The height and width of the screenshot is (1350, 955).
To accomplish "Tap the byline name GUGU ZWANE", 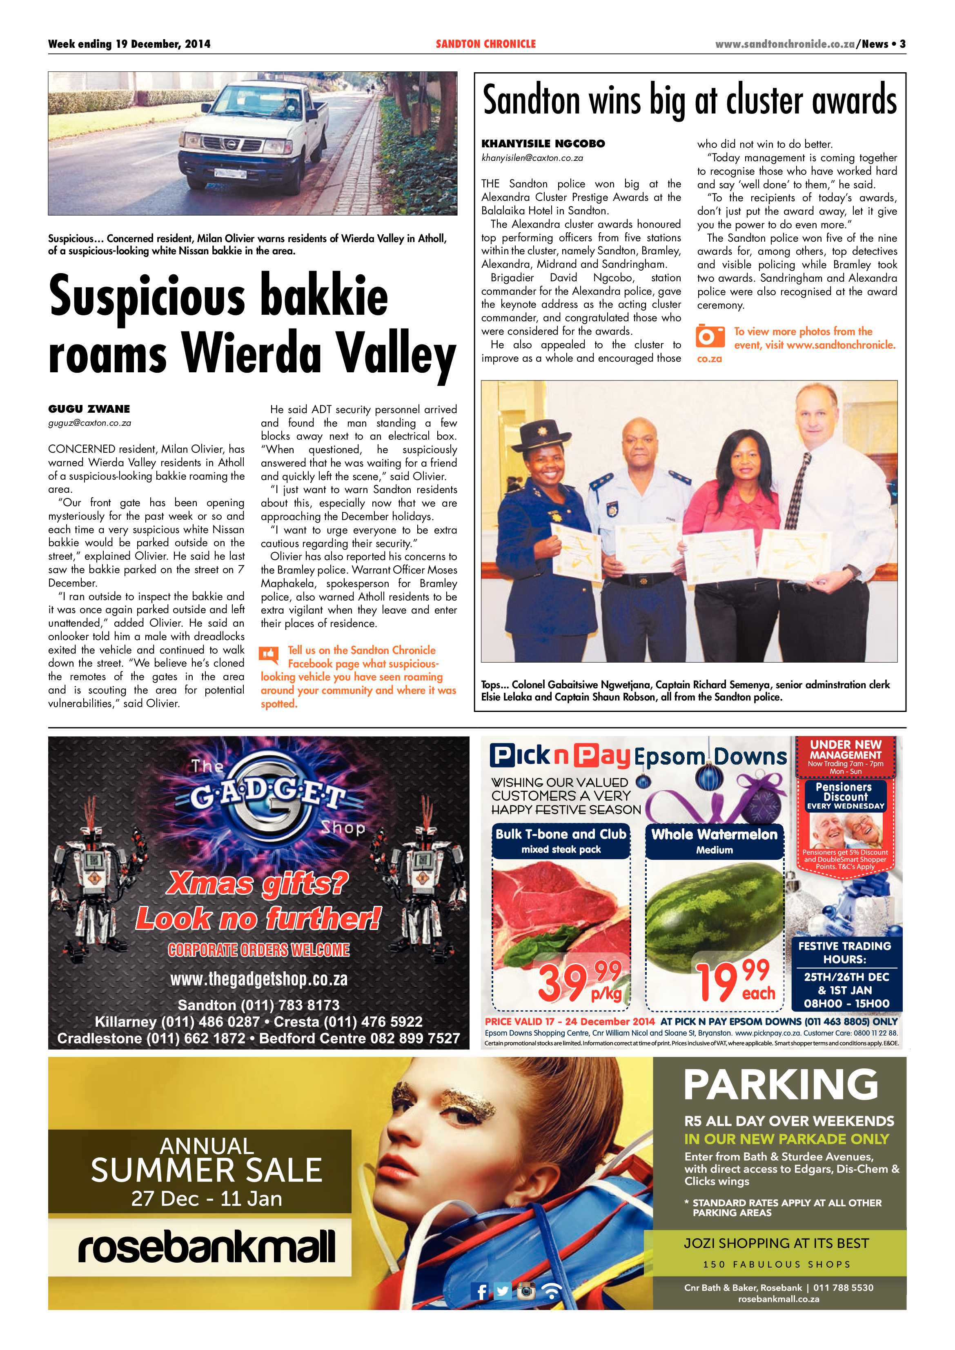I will pos(89,409).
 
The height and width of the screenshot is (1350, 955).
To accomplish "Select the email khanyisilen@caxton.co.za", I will pos(532,158).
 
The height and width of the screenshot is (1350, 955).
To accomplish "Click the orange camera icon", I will pos(710,336).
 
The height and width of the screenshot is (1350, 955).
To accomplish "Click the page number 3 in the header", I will pos(902,44).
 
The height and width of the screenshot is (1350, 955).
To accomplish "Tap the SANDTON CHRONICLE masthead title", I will pos(486,44).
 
